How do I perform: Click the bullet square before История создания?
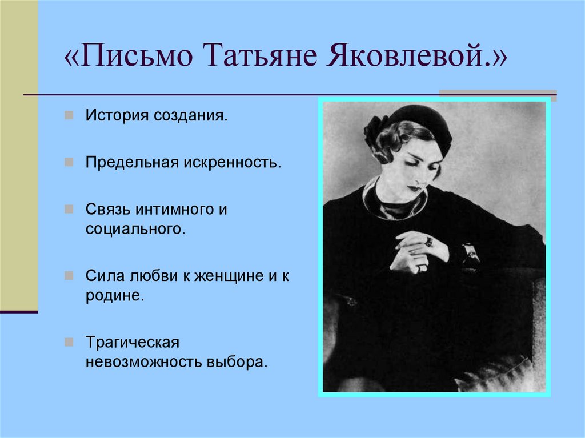pos(69,116)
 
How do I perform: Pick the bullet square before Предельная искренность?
pos(69,162)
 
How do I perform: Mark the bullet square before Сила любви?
pos(69,276)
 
